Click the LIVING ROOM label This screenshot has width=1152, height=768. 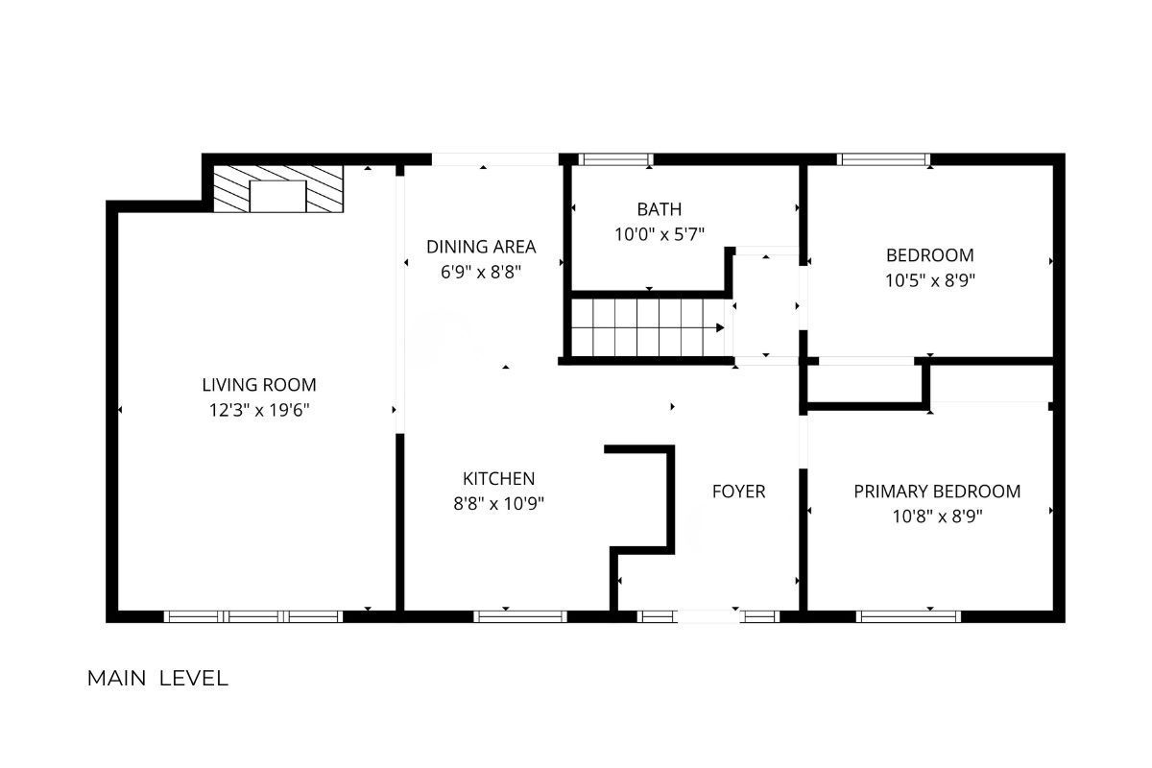[258, 385]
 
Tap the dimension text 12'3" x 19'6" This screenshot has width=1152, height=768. [258, 411]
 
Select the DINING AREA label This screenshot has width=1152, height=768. [481, 247]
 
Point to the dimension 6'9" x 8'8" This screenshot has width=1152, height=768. [481, 272]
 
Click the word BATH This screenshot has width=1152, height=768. [660, 209]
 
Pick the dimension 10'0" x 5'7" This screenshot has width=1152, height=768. [660, 234]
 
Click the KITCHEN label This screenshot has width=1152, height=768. [498, 479]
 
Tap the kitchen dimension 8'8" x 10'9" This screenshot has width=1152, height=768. [498, 504]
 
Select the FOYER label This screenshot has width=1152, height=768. [738, 492]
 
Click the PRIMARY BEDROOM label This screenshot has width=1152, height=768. [937, 492]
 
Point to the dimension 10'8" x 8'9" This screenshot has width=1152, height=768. [937, 516]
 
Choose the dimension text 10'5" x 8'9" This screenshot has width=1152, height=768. [930, 280]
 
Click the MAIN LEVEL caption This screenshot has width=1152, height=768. [157, 679]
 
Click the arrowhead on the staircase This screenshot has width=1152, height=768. [721, 327]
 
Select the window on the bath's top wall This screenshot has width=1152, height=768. [615, 159]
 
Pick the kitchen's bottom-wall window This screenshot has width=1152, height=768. [520, 616]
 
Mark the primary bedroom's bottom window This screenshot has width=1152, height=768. [908, 616]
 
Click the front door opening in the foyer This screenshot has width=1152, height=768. [708, 616]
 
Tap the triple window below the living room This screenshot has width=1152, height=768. [253, 616]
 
